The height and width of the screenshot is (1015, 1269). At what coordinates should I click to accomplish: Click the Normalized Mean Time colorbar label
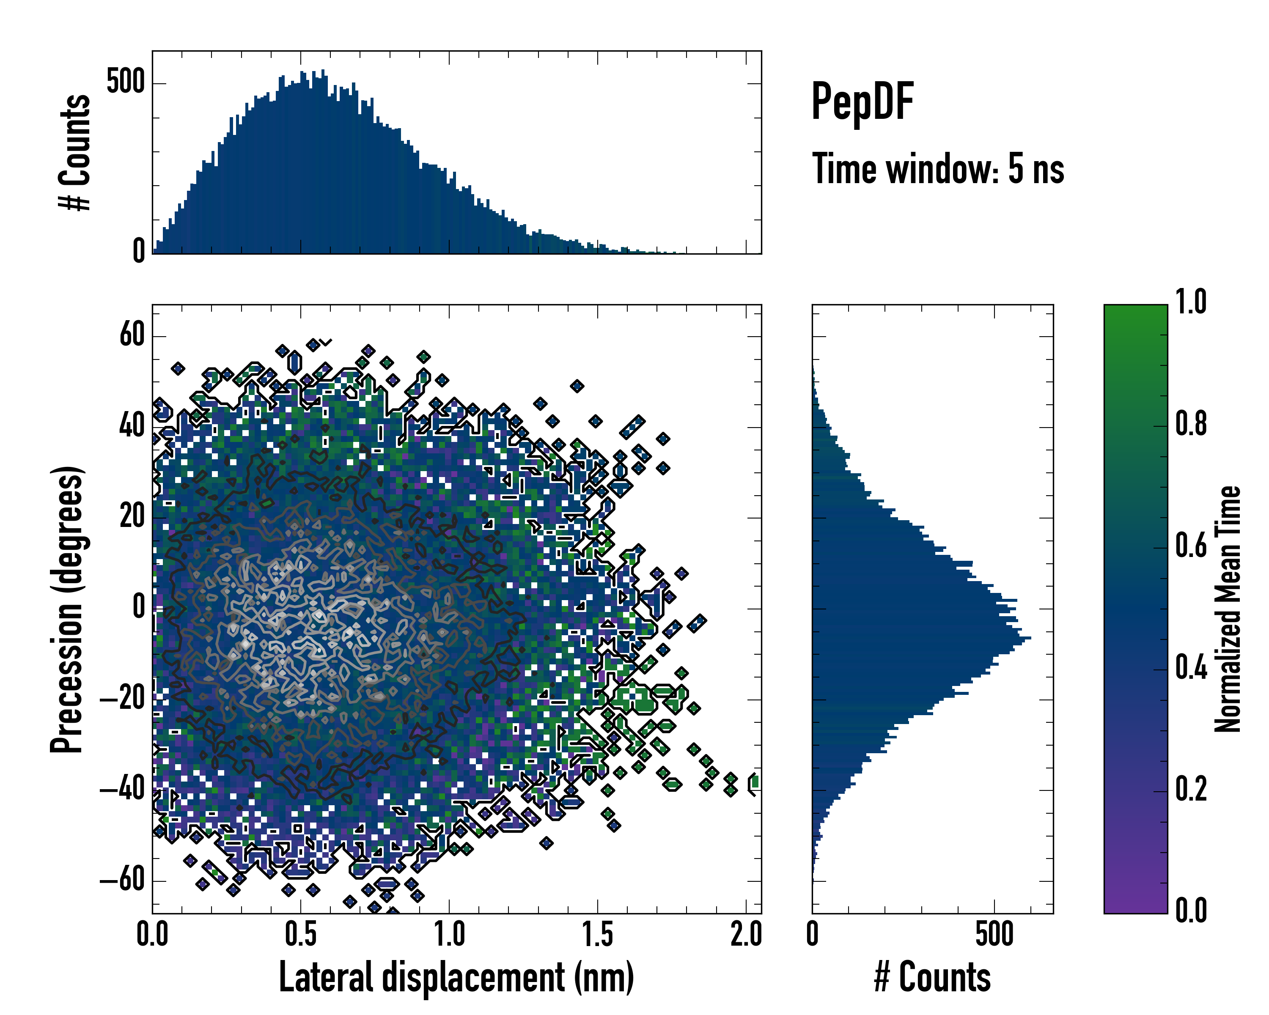coord(1228,609)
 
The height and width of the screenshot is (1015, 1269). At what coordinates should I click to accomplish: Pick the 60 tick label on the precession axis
coord(132,336)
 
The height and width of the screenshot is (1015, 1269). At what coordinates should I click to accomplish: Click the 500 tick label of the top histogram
coord(125,82)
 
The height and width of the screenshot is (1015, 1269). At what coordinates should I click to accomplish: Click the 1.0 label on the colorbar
coord(1191,302)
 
